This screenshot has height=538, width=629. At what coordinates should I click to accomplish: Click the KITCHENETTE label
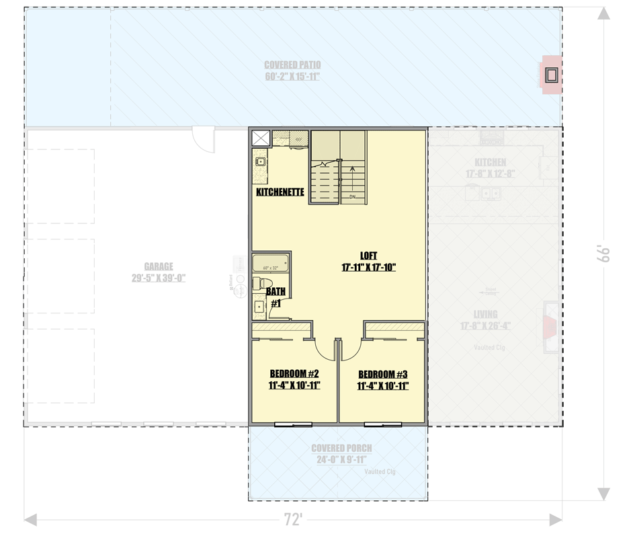(x=280, y=192)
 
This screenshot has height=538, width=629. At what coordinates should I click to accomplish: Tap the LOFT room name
(x=368, y=256)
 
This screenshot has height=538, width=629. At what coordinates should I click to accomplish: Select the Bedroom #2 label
(x=294, y=374)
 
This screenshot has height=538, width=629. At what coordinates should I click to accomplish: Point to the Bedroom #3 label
(x=382, y=375)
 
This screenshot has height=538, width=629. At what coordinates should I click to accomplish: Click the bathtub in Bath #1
(x=270, y=263)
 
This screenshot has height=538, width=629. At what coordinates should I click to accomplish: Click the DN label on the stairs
(x=353, y=198)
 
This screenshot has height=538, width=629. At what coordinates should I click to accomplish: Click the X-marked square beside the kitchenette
(x=260, y=138)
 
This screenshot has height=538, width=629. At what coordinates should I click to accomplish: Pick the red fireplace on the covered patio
(x=552, y=74)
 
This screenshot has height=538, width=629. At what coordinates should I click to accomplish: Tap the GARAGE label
(x=159, y=266)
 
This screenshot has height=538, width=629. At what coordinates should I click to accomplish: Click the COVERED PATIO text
(x=292, y=65)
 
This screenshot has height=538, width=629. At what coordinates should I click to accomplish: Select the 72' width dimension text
(x=292, y=519)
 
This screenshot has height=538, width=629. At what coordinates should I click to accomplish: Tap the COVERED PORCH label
(x=341, y=449)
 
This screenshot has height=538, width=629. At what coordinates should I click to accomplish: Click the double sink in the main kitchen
(x=489, y=194)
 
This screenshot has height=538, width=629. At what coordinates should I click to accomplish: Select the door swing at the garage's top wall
(x=202, y=139)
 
